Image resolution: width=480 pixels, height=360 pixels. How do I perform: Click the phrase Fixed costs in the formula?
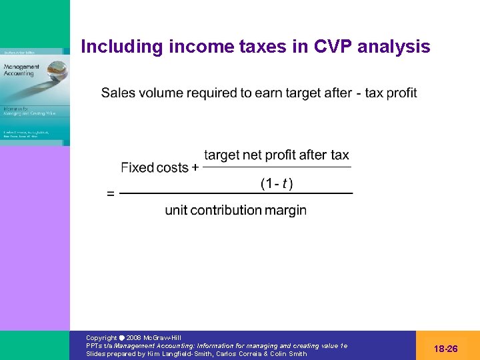coord(155,168)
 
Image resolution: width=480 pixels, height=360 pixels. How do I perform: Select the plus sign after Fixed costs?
coord(195,168)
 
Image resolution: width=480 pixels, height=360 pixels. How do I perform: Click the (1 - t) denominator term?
coord(276,183)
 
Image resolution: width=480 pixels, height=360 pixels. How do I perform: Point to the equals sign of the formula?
coord(111,194)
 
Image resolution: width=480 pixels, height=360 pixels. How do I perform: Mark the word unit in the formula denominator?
coord(177,211)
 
